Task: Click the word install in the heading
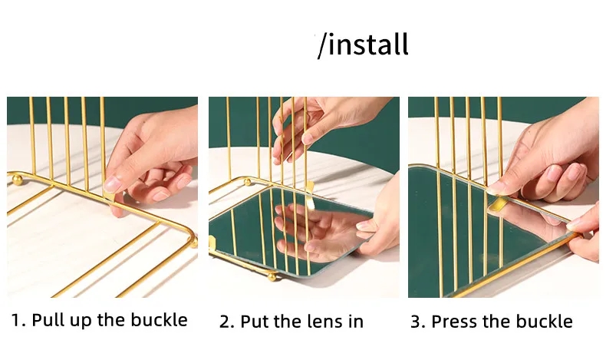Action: click(368, 44)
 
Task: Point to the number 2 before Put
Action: click(225, 322)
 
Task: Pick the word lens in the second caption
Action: click(323, 322)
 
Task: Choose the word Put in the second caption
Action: click(253, 322)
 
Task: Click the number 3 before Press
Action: click(417, 322)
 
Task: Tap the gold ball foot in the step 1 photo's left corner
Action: click(18, 180)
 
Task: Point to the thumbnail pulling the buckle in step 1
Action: click(112, 184)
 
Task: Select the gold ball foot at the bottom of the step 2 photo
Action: click(272, 276)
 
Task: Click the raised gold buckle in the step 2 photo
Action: click(309, 196)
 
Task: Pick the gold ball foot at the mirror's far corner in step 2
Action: click(246, 181)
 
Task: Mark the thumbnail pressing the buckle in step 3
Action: click(495, 188)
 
